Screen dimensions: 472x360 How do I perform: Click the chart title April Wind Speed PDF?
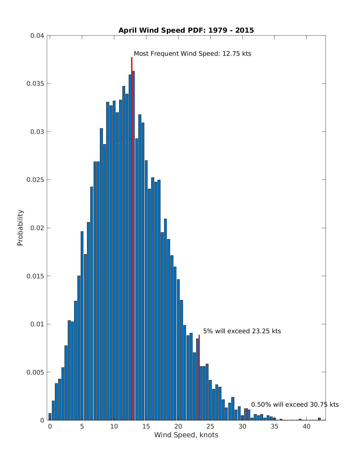pyautogui.click(x=186, y=30)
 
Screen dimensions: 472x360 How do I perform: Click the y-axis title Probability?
pyautogui.click(x=20, y=228)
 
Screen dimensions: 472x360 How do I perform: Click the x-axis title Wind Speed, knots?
pyautogui.click(x=186, y=435)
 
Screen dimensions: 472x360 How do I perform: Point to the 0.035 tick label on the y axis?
pyautogui.click(x=35, y=84)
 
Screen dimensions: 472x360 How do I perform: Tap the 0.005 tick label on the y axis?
pyautogui.click(x=35, y=372)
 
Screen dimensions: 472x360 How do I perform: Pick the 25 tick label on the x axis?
pyautogui.click(x=210, y=426)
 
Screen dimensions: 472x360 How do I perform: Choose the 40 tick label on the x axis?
pyautogui.click(x=306, y=426)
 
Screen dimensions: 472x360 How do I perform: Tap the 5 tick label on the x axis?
pyautogui.click(x=82, y=426)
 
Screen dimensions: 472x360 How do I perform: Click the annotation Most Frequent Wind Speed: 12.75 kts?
pyautogui.click(x=192, y=54)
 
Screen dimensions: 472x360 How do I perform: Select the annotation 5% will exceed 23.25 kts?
pyautogui.click(x=242, y=331)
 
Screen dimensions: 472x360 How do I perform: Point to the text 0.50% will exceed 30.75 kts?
pyautogui.click(x=295, y=405)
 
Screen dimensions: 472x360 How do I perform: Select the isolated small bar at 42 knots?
pyautogui.click(x=319, y=419)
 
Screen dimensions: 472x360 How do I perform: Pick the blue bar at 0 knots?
pyautogui.click(x=50, y=417)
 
